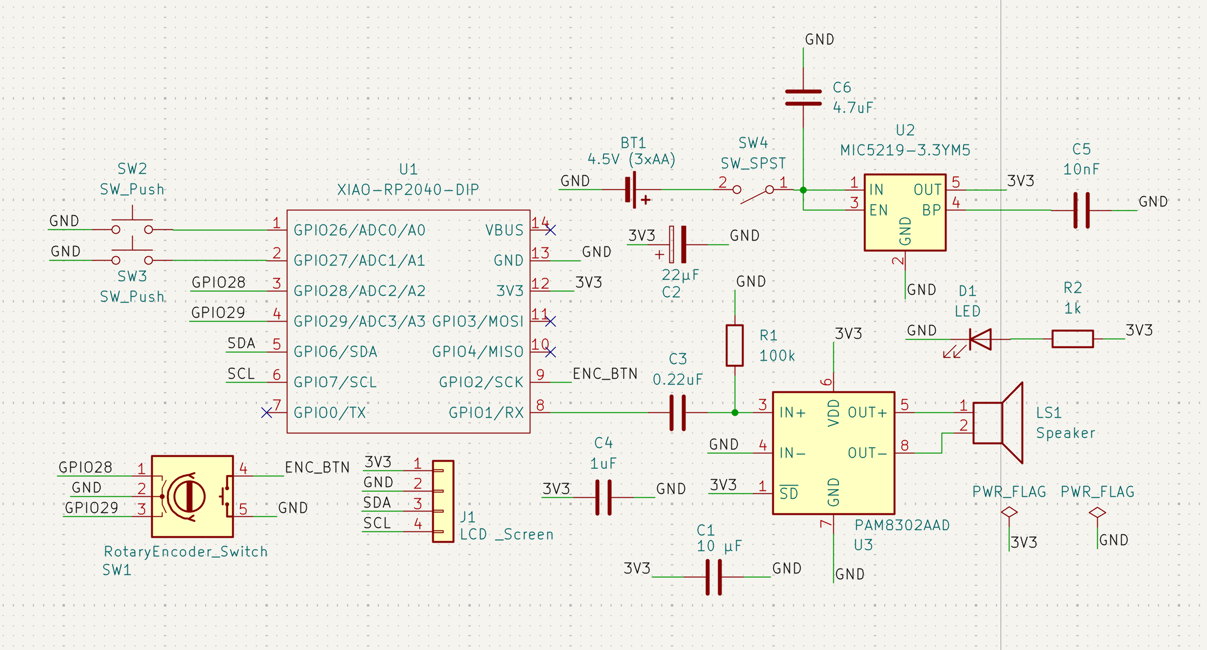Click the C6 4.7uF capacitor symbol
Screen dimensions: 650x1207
803,97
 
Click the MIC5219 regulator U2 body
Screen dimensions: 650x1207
905,212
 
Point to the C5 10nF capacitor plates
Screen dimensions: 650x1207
1081,210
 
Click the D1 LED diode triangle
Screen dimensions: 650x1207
981,339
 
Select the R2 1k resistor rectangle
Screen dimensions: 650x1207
1072,339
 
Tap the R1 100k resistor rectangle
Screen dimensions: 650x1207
734,345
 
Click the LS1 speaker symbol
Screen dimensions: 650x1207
998,423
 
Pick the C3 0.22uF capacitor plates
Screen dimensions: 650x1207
678,413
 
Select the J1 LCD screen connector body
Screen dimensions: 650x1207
443,501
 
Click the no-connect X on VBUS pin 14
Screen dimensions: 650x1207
550,230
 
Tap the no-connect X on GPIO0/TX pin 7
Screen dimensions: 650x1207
266,413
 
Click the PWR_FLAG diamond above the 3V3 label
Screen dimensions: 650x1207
1009,512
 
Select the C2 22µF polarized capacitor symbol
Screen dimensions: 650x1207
678,244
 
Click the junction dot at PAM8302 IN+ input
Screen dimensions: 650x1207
735,413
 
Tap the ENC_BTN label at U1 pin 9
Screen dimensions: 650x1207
605,374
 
